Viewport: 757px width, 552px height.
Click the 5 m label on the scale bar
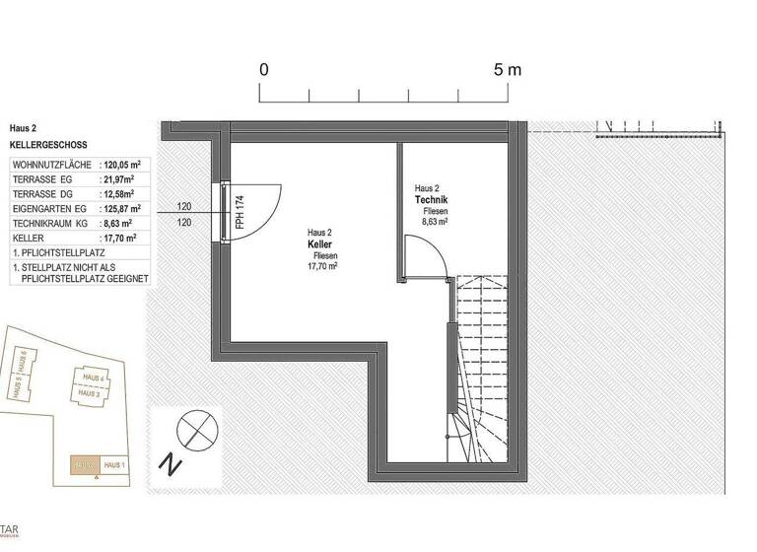coord(508,70)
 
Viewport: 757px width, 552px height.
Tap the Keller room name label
coord(319,243)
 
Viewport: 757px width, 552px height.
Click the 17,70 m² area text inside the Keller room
coord(321,266)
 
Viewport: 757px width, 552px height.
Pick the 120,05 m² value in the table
coord(124,165)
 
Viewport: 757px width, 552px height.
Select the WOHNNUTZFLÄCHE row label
coord(52,165)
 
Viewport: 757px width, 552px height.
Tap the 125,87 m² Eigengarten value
coord(123,209)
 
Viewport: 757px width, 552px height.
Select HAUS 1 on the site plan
coord(114,464)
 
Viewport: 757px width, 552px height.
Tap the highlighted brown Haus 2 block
coord(85,464)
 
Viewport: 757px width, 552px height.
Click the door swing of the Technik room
coord(435,261)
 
